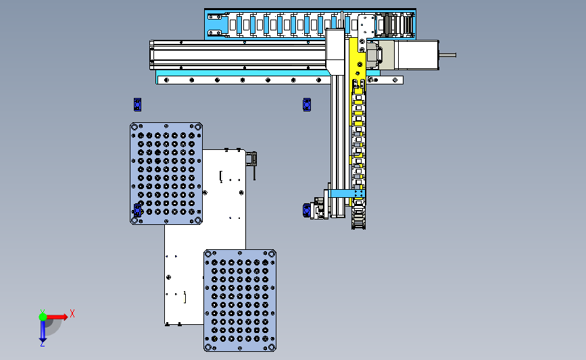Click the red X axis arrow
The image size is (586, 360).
point(56,317)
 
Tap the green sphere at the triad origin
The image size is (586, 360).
point(43,317)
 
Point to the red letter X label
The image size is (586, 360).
point(72,313)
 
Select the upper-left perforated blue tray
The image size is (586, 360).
point(166,174)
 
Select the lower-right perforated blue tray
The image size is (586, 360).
point(240,301)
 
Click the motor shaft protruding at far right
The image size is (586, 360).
point(447,55)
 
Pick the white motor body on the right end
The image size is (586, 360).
point(416,55)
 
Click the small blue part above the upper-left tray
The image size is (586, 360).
point(137,105)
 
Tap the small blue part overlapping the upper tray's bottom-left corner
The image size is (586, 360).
point(137,210)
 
